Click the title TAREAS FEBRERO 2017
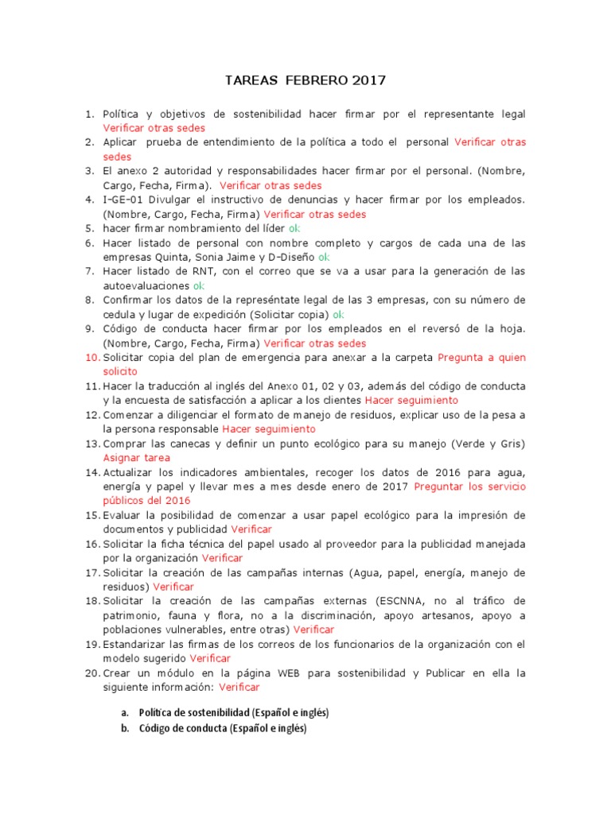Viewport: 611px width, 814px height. (305, 80)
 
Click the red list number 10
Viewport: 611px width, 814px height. (91, 358)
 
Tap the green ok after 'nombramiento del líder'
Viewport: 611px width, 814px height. (294, 228)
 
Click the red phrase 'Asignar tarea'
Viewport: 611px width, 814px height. (136, 458)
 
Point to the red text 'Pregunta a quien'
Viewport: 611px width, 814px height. (482, 358)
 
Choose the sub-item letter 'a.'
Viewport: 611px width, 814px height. (125, 712)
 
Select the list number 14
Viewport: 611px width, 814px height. (91, 472)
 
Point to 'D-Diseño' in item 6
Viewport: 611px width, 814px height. (289, 257)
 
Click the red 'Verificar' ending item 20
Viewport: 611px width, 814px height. (239, 688)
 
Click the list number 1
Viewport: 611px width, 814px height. (91, 114)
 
